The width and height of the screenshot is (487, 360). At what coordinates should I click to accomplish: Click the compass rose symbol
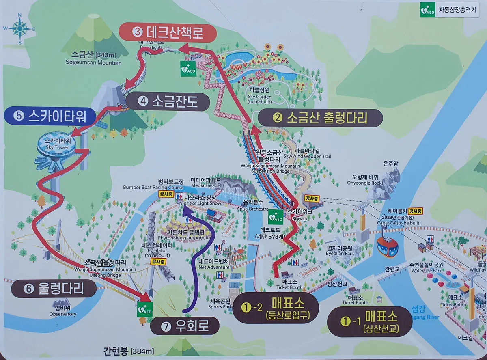tap(19, 28)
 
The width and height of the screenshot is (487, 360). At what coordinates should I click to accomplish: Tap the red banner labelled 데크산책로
tap(161, 32)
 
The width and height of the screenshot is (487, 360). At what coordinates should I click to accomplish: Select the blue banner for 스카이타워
tap(50, 116)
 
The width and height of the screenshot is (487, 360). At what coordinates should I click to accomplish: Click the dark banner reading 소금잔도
tap(167, 101)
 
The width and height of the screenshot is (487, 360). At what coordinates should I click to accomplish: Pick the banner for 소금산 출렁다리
tap(320, 118)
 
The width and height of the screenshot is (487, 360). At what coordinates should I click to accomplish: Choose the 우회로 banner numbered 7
tap(184, 326)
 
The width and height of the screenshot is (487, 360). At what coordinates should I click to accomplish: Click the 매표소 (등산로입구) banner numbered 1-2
tap(276, 308)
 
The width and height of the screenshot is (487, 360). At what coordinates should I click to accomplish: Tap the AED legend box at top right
tap(450, 9)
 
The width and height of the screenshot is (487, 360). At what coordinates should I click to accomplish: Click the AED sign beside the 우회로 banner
tap(144, 309)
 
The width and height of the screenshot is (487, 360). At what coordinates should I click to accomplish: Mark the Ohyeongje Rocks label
tap(365, 179)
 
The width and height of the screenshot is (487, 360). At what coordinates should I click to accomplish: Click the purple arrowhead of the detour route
tap(184, 209)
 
